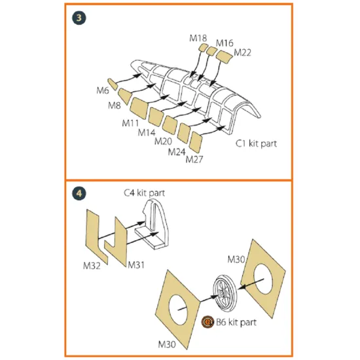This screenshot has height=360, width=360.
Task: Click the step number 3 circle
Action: point(79,18)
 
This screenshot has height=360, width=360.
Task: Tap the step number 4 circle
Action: point(79,193)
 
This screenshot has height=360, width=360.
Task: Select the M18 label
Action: point(198,38)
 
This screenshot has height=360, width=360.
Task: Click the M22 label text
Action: point(242,52)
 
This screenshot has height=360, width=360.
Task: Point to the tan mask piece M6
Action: point(113,84)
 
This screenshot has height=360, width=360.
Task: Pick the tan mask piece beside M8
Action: point(125,96)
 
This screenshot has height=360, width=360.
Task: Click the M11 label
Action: point(130,123)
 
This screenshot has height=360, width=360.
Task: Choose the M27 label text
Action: point(194,159)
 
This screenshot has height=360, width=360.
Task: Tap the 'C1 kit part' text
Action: point(256,143)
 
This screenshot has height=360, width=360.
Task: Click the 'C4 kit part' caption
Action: point(144,193)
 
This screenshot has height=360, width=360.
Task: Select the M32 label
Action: point(92,266)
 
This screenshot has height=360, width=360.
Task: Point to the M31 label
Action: point(136,265)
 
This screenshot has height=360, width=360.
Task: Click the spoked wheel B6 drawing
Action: point(224,293)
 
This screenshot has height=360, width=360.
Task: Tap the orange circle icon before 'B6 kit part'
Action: point(207,322)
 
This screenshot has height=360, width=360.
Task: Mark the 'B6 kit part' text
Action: point(236,322)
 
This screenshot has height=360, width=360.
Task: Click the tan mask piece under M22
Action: point(225,57)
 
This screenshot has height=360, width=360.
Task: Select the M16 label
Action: point(225,43)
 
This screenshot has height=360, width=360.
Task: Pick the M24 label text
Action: point(177,152)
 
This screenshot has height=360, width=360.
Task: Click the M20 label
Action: point(163,141)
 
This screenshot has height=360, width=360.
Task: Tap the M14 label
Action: point(147,132)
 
